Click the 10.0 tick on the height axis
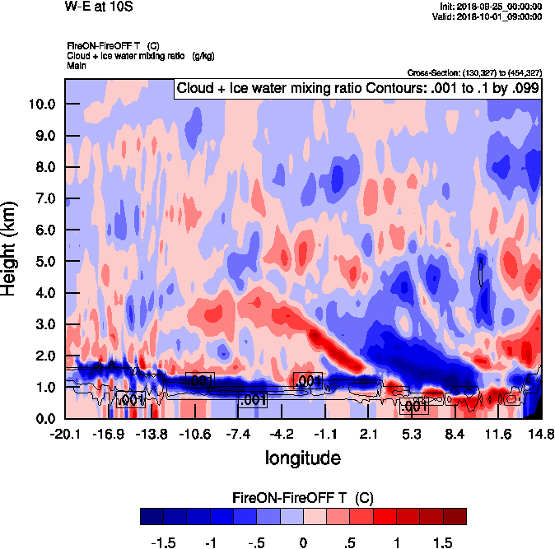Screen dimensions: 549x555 coord(42,104)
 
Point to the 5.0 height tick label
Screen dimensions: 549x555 coord(45,261)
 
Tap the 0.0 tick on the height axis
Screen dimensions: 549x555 coord(45,418)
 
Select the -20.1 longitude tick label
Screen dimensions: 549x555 coord(65,433)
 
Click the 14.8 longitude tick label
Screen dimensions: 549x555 coord(540,433)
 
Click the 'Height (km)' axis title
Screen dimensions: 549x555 coord(10,249)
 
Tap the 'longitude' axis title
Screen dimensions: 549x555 coord(302,456)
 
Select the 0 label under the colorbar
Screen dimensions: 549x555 coord(303,542)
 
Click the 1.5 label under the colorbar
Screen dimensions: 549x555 coord(442,542)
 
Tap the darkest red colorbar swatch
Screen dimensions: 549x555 coord(455,516)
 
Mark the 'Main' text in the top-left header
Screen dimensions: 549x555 coord(77,64)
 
